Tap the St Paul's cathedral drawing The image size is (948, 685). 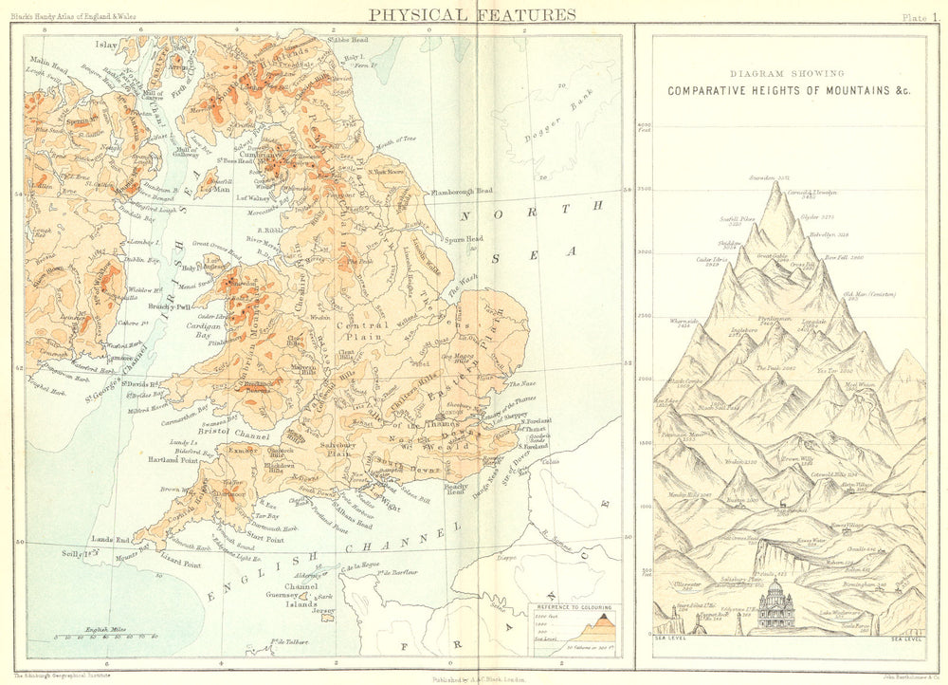(776, 607)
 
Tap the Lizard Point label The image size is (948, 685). (177, 564)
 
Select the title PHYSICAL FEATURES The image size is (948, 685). (471, 14)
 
